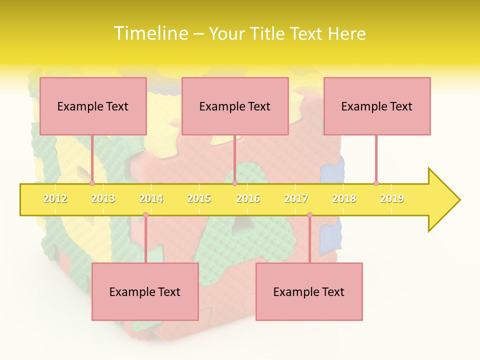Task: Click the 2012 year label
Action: (x=55, y=198)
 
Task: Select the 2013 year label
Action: (x=103, y=198)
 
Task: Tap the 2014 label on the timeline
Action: (x=151, y=198)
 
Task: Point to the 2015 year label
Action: (x=199, y=198)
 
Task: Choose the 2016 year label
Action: (x=248, y=198)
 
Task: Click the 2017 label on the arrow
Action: (x=296, y=198)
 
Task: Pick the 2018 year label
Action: (x=344, y=198)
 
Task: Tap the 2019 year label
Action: (x=392, y=198)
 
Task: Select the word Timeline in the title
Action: (x=149, y=33)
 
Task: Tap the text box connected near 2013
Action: (x=93, y=106)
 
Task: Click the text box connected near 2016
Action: (x=235, y=106)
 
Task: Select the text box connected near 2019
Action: (x=377, y=106)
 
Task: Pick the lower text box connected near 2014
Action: (x=145, y=291)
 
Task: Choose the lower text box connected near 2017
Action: (x=309, y=291)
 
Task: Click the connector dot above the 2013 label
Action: (x=92, y=183)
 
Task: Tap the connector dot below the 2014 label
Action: (x=145, y=215)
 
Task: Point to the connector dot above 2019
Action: (x=376, y=183)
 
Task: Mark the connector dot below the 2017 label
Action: (x=309, y=215)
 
